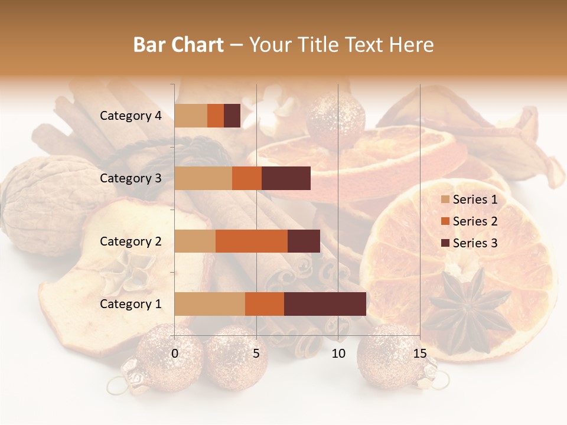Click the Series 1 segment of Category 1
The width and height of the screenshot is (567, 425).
click(210, 304)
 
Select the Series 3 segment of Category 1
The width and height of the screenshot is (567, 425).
click(325, 304)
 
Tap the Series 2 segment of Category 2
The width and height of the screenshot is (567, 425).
click(252, 241)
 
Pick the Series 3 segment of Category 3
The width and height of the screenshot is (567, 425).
click(286, 178)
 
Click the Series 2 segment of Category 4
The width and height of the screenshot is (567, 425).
click(216, 116)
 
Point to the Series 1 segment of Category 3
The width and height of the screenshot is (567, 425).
click(203, 178)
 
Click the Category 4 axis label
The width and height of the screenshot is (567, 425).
click(131, 116)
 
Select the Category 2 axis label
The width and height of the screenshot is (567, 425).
click(131, 241)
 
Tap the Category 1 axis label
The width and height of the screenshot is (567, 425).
click(131, 304)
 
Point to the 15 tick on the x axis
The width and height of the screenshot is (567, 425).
click(419, 354)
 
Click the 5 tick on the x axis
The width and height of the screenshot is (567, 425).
click(256, 354)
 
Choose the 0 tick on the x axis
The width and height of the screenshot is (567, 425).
click(175, 354)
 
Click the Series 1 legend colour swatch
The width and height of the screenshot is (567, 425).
click(445, 200)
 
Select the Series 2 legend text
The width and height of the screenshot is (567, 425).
click(475, 221)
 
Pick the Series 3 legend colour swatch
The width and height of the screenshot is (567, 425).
click(445, 243)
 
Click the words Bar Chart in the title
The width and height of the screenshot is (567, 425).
click(178, 44)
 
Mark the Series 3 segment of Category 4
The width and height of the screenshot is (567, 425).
click(232, 116)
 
